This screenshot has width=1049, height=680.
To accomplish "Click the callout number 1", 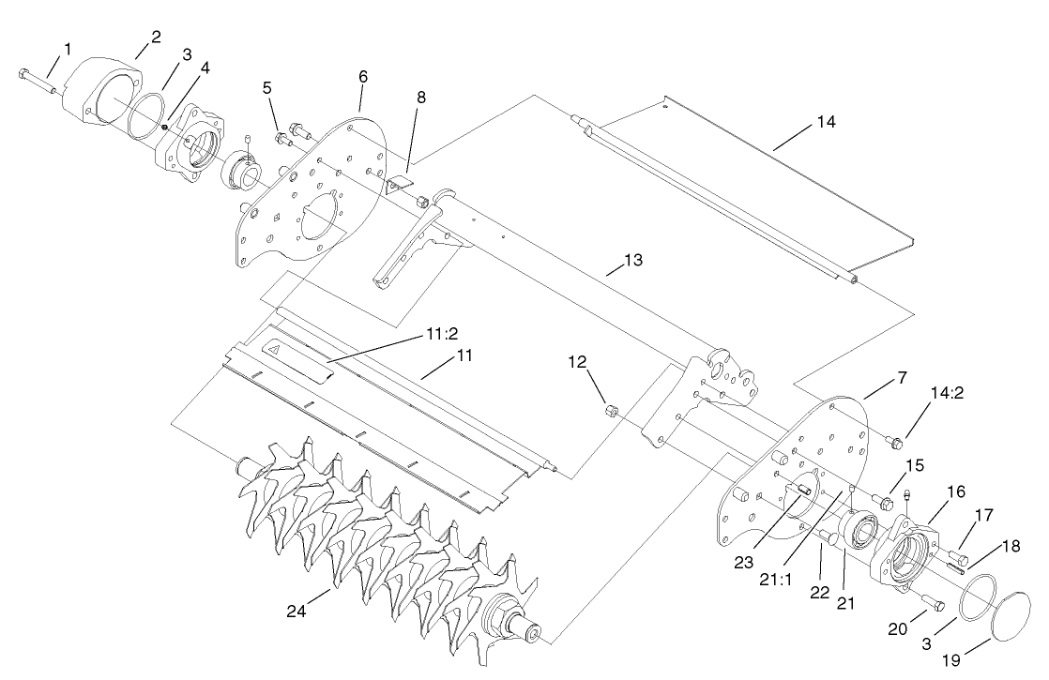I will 67,47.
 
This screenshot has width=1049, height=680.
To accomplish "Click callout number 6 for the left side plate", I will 362,75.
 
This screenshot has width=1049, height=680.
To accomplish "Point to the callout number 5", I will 267,87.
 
